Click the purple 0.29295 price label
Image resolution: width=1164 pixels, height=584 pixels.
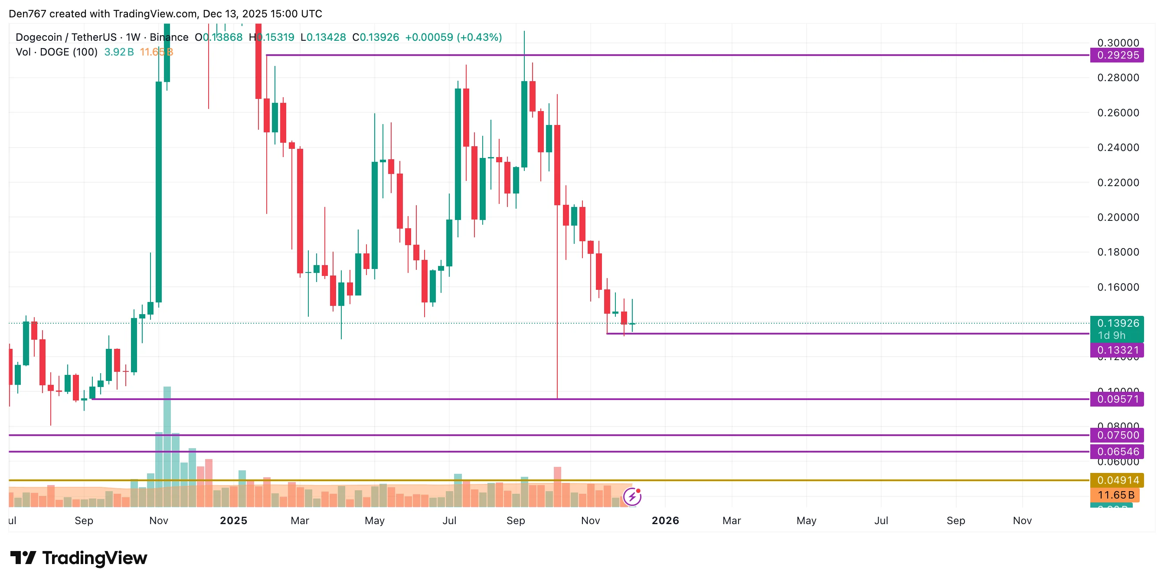1117,55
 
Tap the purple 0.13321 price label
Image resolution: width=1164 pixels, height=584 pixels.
1117,350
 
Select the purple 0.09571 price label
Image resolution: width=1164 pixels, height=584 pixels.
1117,399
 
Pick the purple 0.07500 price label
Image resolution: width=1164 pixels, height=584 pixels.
1117,435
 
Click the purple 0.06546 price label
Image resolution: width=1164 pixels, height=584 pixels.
1117,451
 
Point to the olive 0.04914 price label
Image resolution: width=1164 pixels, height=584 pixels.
1117,480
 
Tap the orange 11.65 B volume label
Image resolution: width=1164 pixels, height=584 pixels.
1115,495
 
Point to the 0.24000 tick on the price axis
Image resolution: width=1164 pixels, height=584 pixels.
1118,148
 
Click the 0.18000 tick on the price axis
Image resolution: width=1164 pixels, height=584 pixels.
1118,252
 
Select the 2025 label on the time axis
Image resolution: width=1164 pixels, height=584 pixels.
233,521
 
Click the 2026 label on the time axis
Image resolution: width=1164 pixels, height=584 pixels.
665,521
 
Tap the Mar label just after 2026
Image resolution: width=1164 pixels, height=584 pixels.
732,521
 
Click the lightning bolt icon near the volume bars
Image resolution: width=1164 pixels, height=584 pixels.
632,497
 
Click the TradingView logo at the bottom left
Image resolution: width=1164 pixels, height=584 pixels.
78,558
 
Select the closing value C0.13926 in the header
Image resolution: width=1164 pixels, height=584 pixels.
376,37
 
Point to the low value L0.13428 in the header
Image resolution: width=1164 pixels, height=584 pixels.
323,37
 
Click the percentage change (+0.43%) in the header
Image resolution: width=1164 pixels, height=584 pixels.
479,37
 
